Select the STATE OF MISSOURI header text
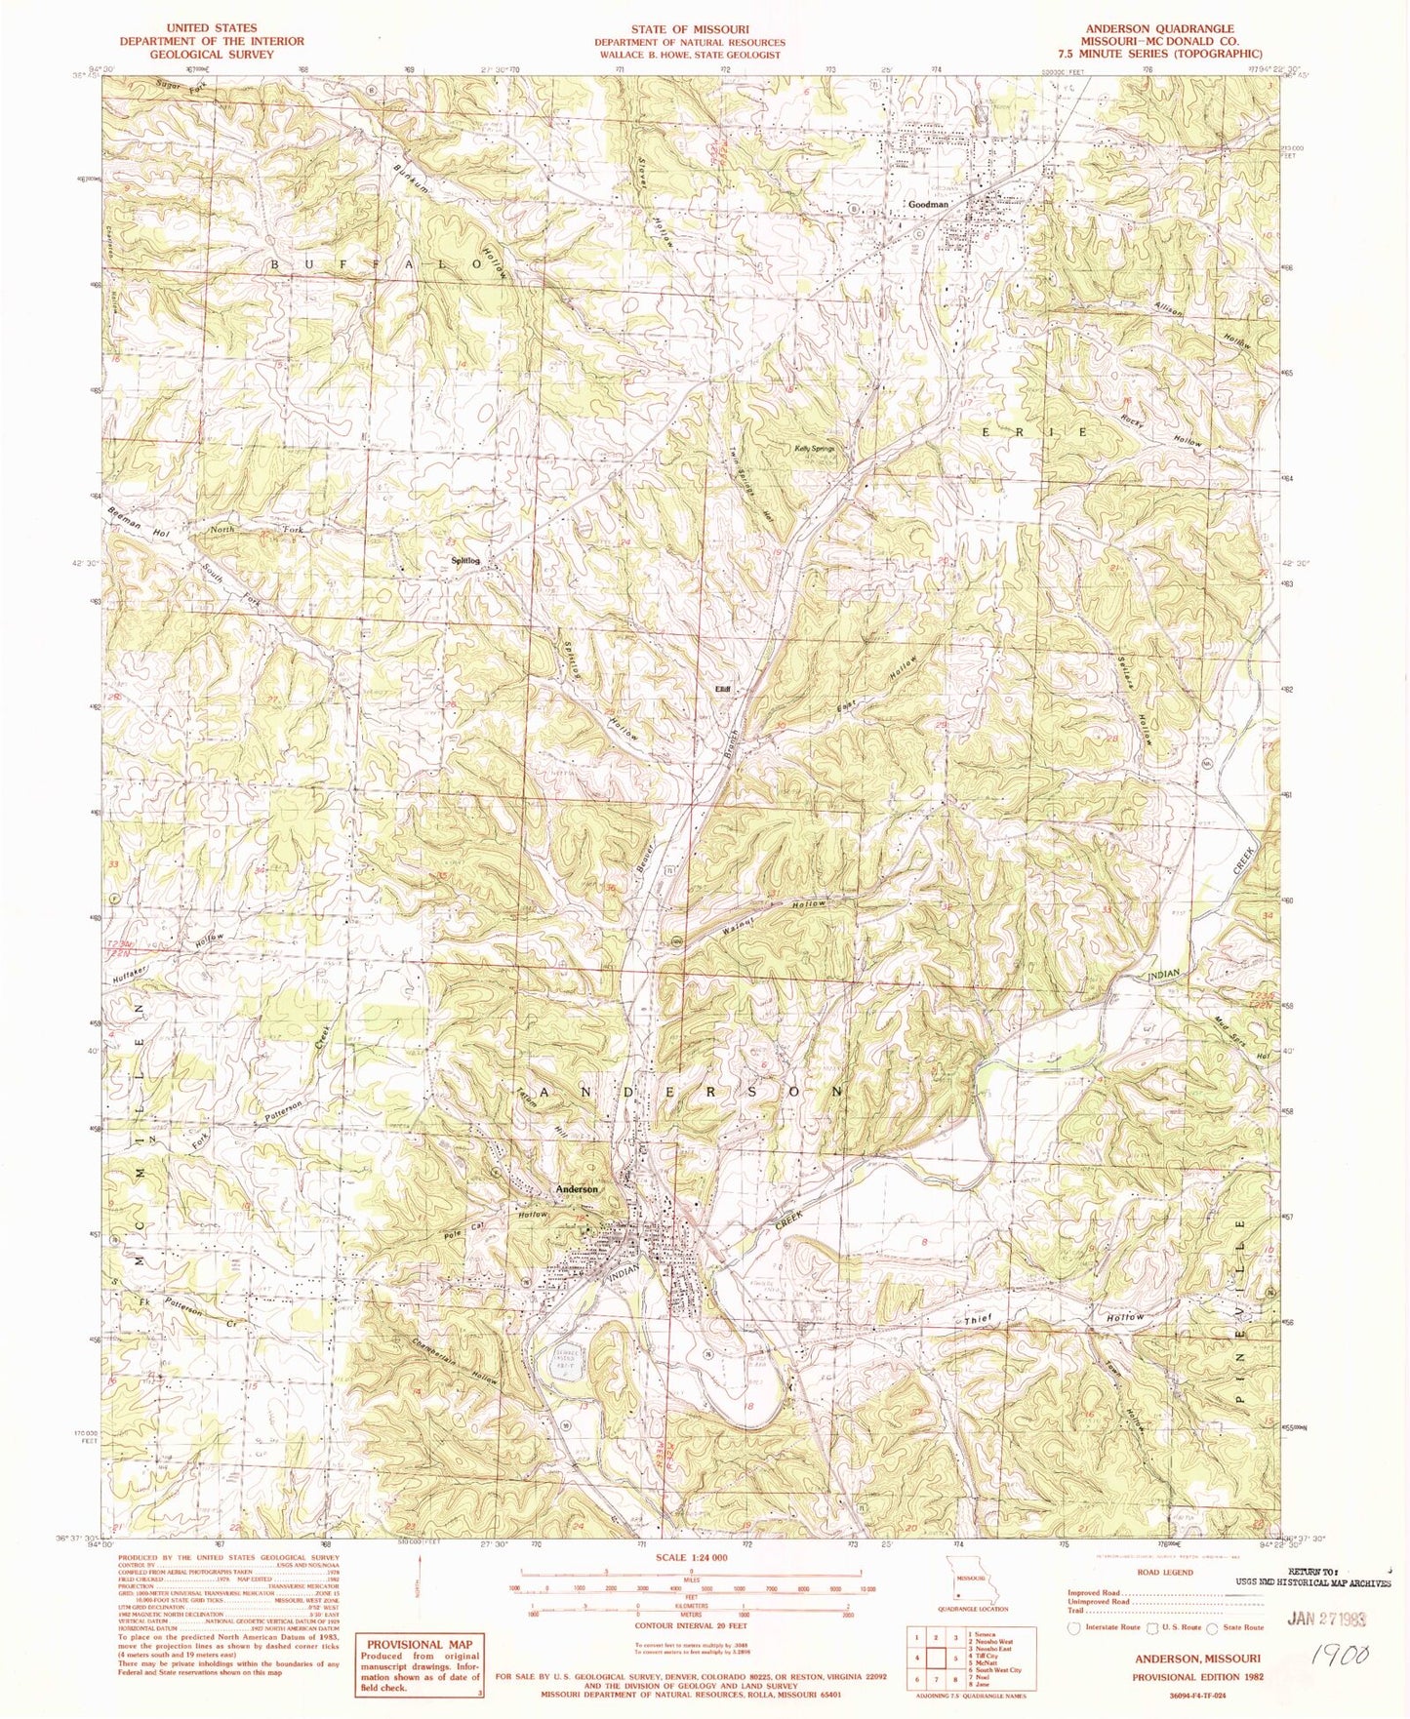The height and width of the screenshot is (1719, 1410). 689,29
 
